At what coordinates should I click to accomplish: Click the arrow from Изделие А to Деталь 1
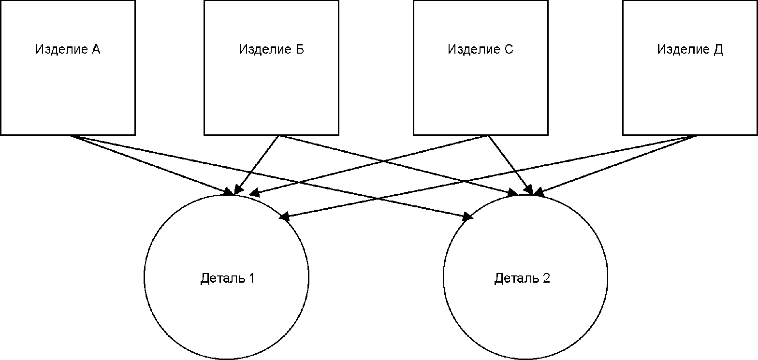point(151,165)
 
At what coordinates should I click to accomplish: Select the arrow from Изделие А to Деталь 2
point(271,177)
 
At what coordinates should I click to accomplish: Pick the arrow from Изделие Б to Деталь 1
point(256,165)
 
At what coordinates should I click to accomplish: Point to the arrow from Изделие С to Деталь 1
point(368,165)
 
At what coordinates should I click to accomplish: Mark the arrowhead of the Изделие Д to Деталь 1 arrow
point(285,216)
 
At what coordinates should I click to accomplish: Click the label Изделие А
point(68,49)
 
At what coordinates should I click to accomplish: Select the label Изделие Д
point(690,50)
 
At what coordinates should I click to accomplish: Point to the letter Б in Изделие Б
point(300,49)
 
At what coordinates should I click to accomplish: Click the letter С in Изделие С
point(509,49)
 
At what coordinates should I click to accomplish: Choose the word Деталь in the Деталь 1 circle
point(223,278)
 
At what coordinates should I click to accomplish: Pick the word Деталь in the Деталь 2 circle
point(517,278)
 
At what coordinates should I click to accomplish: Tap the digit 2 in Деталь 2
point(546,278)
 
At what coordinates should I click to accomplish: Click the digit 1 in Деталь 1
point(251,278)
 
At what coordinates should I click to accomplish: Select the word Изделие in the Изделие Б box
point(265,50)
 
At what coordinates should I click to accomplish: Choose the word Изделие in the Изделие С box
point(474,50)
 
